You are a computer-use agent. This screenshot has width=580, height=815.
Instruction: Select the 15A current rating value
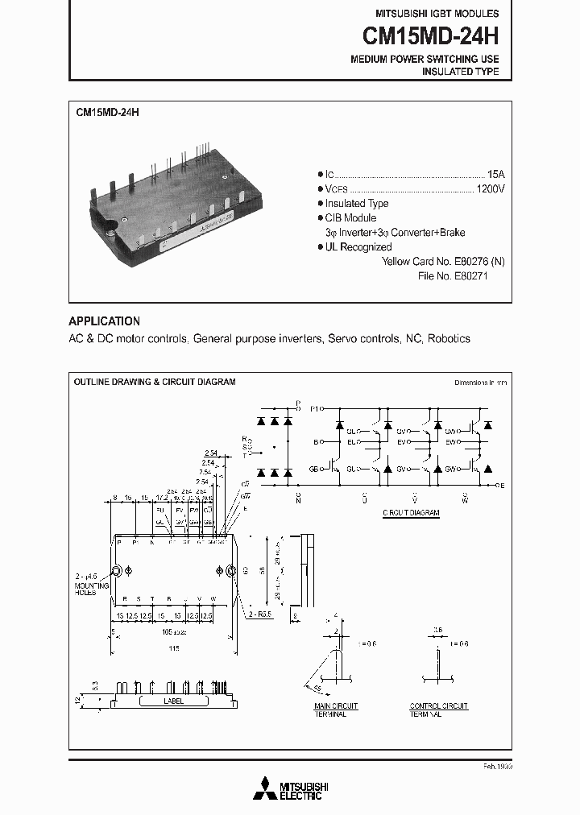click(495, 174)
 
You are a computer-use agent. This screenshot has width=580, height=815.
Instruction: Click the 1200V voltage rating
click(491, 188)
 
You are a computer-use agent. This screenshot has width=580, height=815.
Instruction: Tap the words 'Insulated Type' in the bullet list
click(356, 204)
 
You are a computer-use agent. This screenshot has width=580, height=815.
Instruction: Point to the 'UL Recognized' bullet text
click(358, 247)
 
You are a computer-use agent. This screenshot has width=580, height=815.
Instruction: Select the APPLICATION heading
click(104, 321)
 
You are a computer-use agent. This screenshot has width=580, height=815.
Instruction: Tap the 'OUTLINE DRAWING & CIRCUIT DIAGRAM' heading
click(155, 382)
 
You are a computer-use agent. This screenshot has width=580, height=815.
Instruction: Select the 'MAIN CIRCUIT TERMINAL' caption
click(336, 710)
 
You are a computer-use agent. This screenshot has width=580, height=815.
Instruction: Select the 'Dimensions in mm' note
click(480, 383)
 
